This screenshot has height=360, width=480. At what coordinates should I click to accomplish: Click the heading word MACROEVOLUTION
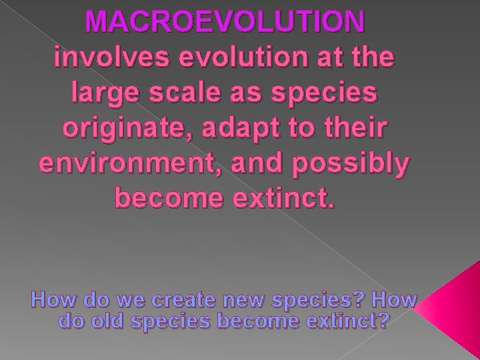click(225, 23)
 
